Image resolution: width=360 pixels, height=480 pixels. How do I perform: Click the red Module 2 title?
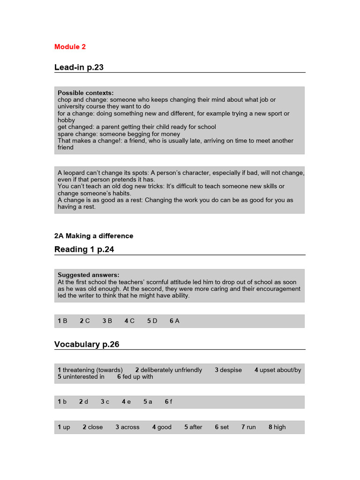(70, 47)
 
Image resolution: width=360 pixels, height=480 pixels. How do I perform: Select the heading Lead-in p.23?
(79, 67)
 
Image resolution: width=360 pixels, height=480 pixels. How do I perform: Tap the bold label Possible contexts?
(85, 93)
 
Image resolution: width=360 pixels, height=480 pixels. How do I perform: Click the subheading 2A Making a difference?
(94, 236)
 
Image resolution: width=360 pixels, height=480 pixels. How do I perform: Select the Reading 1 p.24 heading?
(84, 249)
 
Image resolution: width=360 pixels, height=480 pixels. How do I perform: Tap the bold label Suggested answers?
(88, 275)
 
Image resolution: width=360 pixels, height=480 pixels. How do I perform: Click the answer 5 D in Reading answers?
(152, 321)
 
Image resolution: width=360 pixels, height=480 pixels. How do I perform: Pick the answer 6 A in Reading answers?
(174, 321)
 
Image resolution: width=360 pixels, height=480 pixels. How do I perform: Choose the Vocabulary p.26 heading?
(87, 345)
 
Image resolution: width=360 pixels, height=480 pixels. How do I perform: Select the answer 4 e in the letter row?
(126, 402)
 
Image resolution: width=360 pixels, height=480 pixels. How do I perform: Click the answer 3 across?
(127, 427)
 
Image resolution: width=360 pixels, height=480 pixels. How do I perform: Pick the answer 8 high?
(277, 427)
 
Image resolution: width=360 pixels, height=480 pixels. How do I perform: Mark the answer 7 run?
(248, 427)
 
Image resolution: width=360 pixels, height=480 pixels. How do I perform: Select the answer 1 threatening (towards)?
(90, 370)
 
